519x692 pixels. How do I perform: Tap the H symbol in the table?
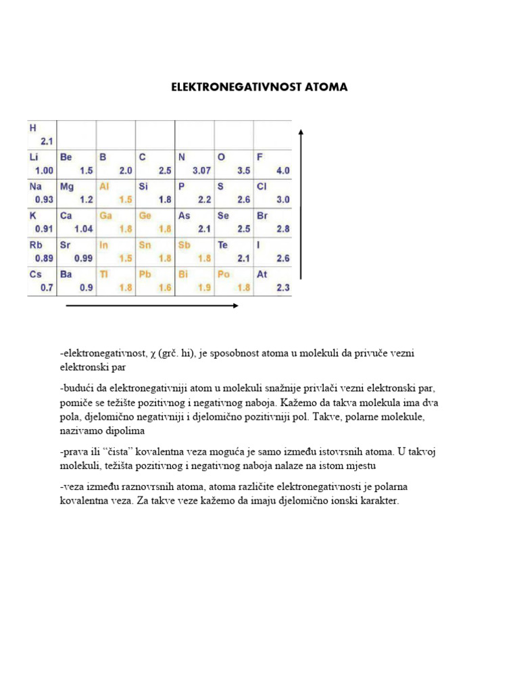coord(32,126)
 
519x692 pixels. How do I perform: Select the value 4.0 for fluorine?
coord(282,171)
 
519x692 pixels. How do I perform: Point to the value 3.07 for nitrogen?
coord(201,171)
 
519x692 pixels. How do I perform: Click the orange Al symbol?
coord(105,186)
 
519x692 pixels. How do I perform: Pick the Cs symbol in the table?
coord(35,274)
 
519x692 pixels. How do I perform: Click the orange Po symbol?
coord(224,274)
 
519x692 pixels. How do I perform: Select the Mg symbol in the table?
coord(66,186)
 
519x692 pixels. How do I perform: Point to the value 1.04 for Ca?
coord(83,229)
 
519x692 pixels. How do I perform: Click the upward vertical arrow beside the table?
coord(300,203)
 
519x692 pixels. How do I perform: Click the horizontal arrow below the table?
coord(152,306)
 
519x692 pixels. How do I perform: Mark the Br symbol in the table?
coord(262,216)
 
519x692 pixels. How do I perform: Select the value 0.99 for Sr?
coord(83,259)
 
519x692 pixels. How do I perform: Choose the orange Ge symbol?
coord(145,216)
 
